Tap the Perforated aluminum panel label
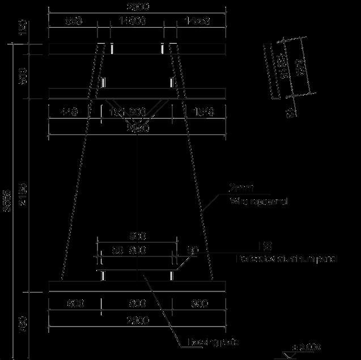(287, 259)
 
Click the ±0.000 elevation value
(307, 346)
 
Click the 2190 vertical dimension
(23, 195)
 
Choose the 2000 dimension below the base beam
(138, 320)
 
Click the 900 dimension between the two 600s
(138, 304)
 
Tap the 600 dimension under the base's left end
(75, 304)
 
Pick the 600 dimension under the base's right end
(199, 304)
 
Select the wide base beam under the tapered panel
(138, 286)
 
